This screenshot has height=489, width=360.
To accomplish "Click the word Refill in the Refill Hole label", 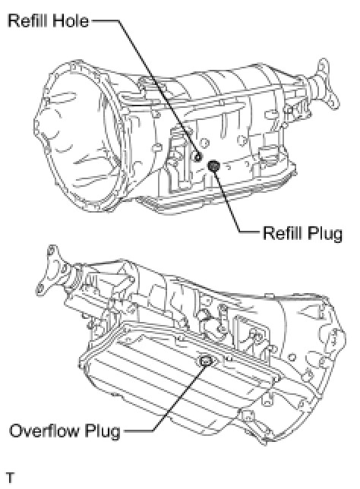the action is [27, 21].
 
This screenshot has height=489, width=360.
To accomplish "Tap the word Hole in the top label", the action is [71, 21].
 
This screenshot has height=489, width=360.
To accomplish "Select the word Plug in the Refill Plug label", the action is [325, 234].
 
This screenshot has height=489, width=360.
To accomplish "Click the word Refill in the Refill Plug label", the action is [283, 232].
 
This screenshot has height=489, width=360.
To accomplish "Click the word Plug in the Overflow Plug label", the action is [103, 432].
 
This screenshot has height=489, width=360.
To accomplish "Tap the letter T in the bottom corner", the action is [11, 478].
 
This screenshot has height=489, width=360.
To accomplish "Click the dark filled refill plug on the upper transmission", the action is [213, 166].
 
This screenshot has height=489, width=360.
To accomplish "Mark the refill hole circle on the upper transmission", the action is [197, 156].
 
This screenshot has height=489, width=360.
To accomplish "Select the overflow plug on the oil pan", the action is [206, 361].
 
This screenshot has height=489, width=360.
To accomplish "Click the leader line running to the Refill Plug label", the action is [232, 204].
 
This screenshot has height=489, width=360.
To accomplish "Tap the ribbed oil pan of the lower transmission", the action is [175, 383].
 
